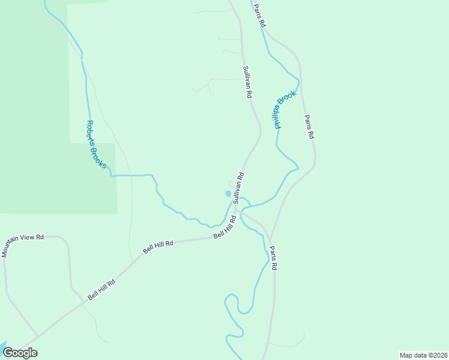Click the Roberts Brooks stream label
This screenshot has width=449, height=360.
pos(97,145)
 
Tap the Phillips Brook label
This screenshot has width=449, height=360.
pos(286,110)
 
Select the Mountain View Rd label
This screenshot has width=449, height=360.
pos(23,245)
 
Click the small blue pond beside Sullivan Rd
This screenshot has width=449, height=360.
pos(228,194)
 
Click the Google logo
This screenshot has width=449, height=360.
pos(20,353)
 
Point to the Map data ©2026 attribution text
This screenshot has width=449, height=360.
pos(423,355)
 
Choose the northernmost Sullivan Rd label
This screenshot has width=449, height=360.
pos(247,82)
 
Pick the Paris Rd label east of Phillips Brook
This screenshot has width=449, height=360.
pos(309,127)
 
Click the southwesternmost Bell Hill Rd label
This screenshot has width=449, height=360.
pos(101,289)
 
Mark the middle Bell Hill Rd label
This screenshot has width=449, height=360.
pos(158,247)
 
